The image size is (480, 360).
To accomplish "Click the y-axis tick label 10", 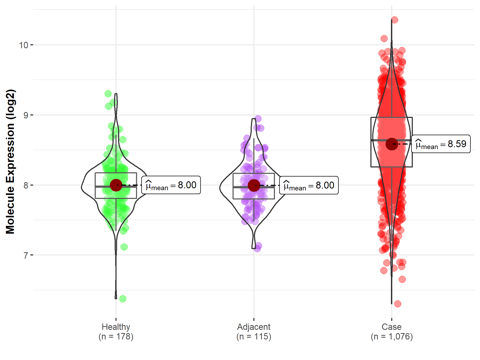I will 23,45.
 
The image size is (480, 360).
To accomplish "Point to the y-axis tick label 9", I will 26,115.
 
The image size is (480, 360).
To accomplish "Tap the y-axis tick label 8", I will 26,185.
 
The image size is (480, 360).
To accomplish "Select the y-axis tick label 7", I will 26,255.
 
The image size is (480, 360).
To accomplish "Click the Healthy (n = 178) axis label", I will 116,331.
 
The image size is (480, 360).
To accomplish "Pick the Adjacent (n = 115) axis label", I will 254,331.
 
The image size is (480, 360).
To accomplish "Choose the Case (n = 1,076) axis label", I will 391,331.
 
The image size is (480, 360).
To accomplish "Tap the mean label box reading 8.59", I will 441,144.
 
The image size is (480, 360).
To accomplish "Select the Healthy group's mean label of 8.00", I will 171,185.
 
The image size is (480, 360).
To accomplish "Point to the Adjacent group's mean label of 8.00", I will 309,185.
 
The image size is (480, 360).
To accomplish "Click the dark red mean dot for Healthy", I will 116,185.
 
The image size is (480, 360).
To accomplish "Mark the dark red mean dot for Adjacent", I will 254,185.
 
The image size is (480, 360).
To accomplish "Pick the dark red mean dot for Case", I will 392,144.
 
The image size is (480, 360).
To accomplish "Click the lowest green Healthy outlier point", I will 123,299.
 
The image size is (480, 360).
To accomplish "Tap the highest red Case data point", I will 394,20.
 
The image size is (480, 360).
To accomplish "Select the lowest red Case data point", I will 398,304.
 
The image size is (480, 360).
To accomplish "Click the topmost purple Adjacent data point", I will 258,119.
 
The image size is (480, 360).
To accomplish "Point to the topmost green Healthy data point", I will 108,94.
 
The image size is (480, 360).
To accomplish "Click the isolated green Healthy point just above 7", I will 124,247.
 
